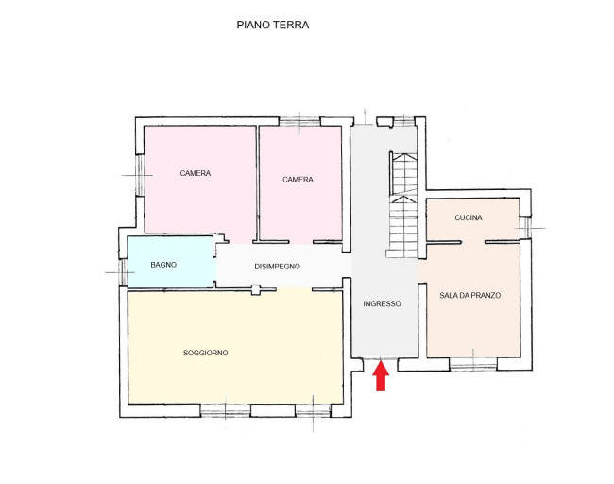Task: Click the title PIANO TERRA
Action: pyautogui.click(x=272, y=26)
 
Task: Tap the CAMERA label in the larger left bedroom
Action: pyautogui.click(x=196, y=173)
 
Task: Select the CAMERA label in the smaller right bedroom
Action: pyautogui.click(x=298, y=180)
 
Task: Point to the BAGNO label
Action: pyautogui.click(x=163, y=265)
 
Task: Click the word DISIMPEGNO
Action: pyautogui.click(x=277, y=267)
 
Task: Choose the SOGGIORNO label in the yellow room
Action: pyautogui.click(x=205, y=353)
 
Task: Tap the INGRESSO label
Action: pyautogui.click(x=382, y=304)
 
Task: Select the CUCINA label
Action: pyautogui.click(x=468, y=217)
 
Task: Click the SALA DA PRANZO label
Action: pyautogui.click(x=469, y=296)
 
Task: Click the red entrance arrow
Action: pyautogui.click(x=381, y=377)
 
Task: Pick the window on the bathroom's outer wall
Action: pyautogui.click(x=123, y=269)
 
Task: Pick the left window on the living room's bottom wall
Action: pyautogui.click(x=225, y=411)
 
